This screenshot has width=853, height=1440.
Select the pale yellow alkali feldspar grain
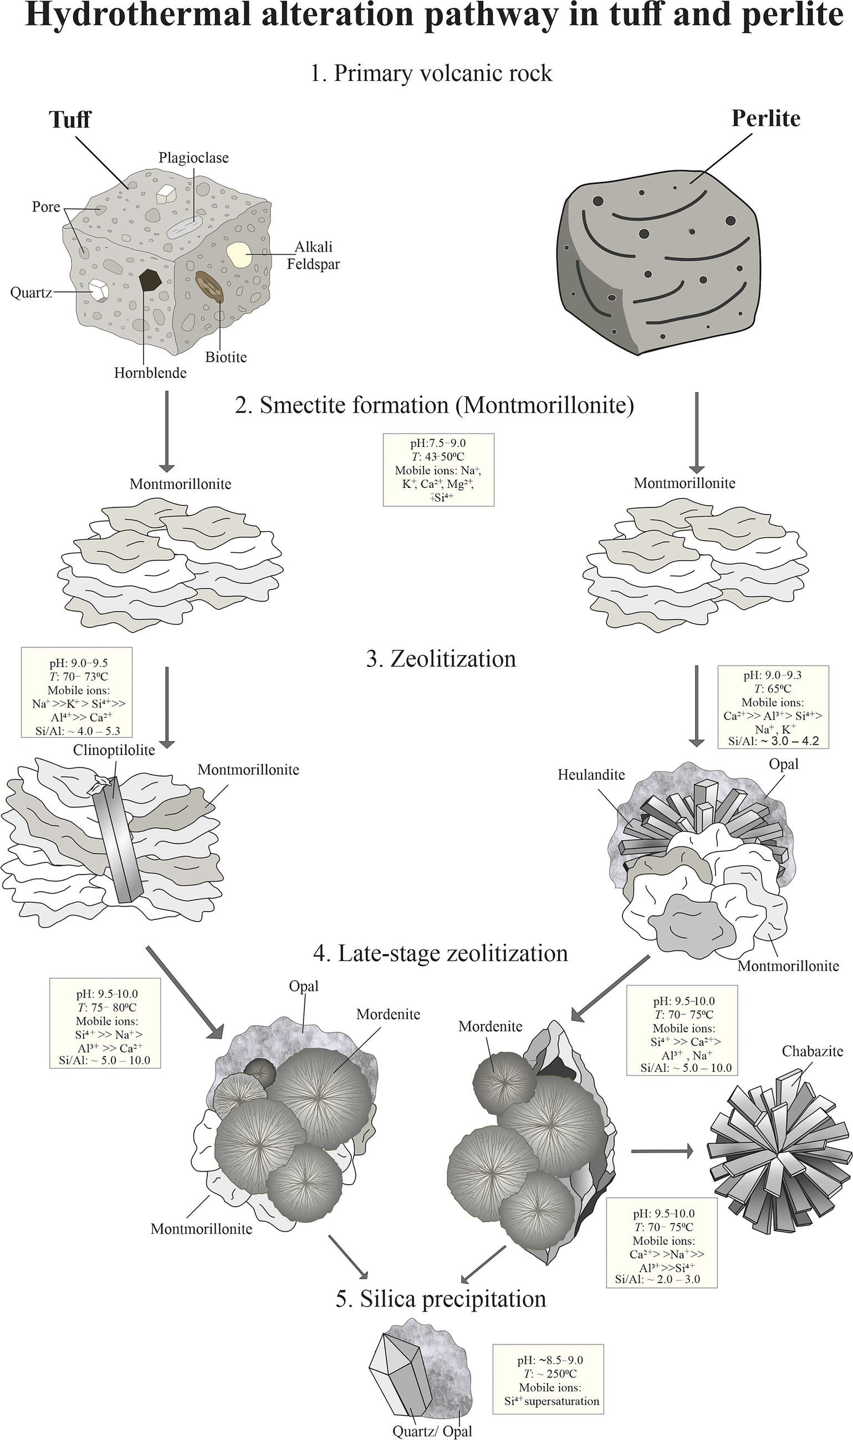point(238,254)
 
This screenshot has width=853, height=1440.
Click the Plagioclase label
point(193,157)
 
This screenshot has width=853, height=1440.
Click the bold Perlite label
point(765,119)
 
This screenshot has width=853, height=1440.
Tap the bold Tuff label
point(69,120)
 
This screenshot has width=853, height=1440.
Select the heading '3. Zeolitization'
point(441,659)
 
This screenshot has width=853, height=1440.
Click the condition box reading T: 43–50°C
point(438,470)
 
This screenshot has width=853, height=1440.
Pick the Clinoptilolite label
point(114,750)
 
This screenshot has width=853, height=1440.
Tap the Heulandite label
point(591,775)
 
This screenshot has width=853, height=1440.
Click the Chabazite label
point(812,1051)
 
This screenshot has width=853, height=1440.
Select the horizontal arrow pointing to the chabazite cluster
point(662,1150)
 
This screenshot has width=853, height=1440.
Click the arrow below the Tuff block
point(166,431)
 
